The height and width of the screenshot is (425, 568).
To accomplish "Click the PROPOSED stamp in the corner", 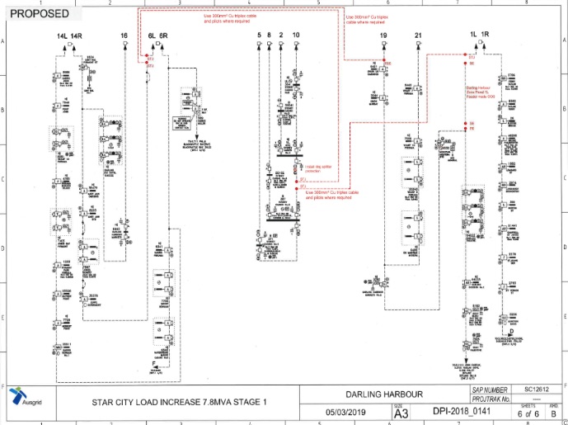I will tap(35, 13).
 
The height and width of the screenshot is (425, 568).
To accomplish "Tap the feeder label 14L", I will tap(61, 37).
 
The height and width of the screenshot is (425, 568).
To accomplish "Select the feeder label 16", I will tap(124, 37).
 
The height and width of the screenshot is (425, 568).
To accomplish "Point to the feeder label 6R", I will tap(163, 37).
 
